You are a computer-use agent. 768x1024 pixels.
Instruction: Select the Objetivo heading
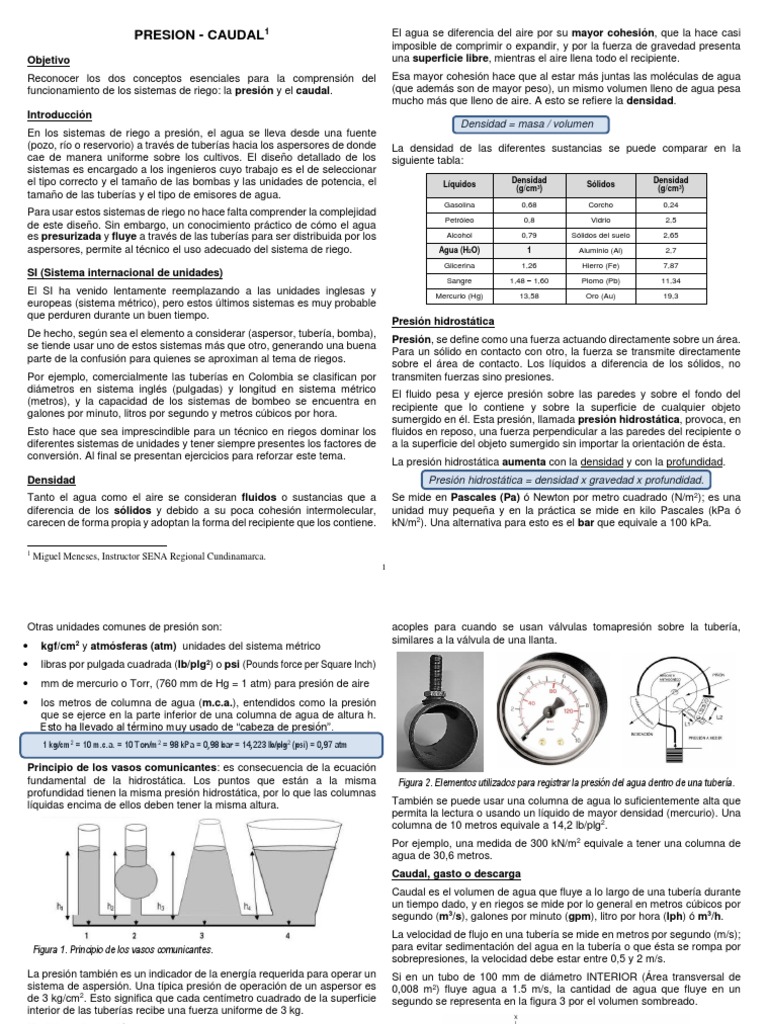pyautogui.click(x=50, y=61)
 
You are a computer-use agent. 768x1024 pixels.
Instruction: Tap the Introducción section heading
pyautogui.click(x=59, y=115)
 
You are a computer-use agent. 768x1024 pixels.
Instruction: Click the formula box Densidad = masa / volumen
pyautogui.click(x=527, y=124)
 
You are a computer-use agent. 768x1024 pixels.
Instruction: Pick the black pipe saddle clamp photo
pyautogui.click(x=435, y=710)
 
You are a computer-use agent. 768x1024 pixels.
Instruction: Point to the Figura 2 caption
pyautogui.click(x=566, y=781)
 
